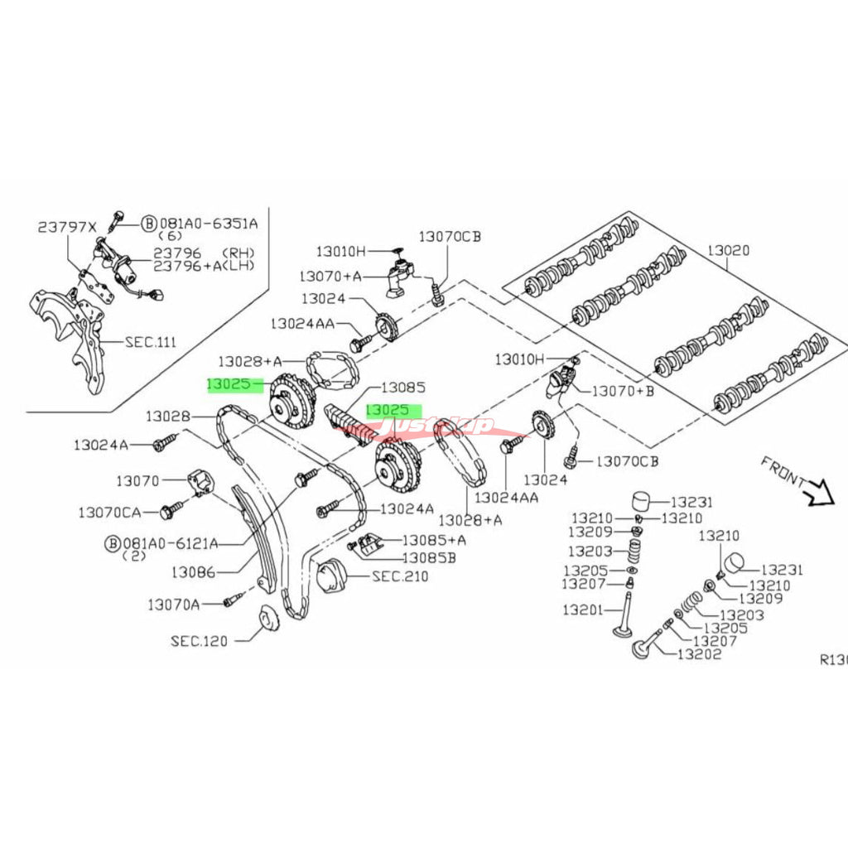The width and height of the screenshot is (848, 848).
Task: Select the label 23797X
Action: click(x=67, y=226)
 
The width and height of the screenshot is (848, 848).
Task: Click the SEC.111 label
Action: click(x=151, y=341)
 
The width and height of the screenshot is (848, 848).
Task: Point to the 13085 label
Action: click(x=402, y=387)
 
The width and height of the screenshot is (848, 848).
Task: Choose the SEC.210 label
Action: click(x=400, y=576)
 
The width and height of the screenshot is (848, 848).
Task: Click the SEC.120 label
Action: click(x=200, y=639)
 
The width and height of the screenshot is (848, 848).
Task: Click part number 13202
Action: click(x=699, y=654)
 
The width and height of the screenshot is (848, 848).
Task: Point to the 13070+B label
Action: click(x=621, y=390)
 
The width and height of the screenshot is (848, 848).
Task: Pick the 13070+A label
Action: click(x=330, y=274)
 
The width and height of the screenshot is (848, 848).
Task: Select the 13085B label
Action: click(x=429, y=557)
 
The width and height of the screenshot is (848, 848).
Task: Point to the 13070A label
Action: click(x=174, y=605)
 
